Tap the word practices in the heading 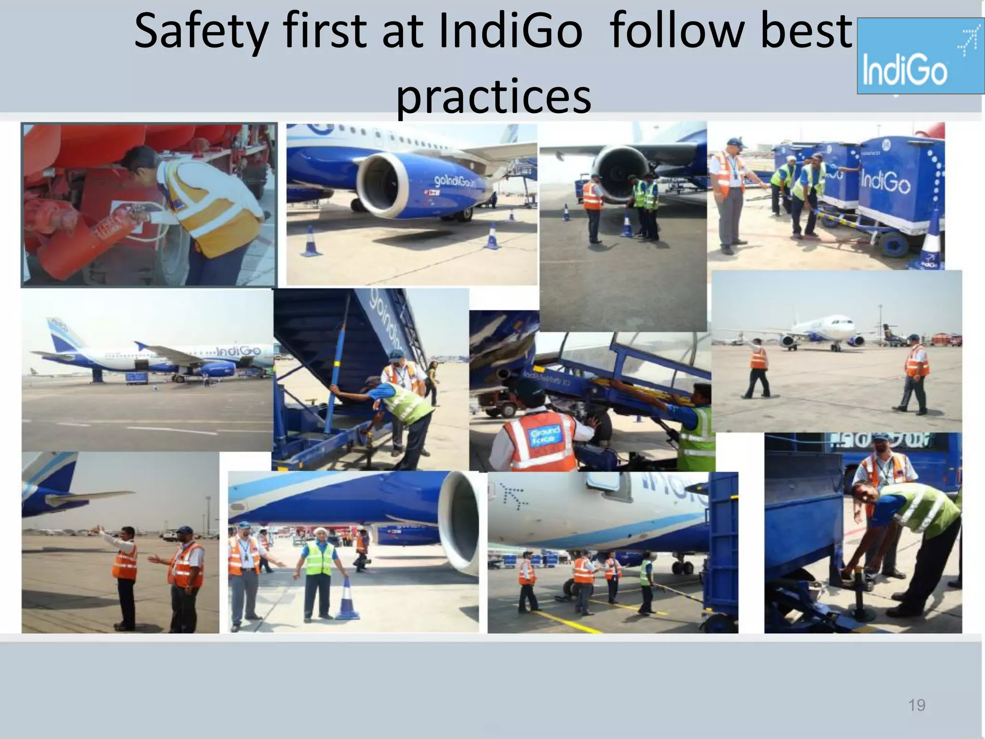tap(493, 96)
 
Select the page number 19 tap(916, 705)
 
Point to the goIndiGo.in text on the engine tap(455, 181)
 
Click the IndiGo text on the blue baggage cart tap(885, 183)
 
